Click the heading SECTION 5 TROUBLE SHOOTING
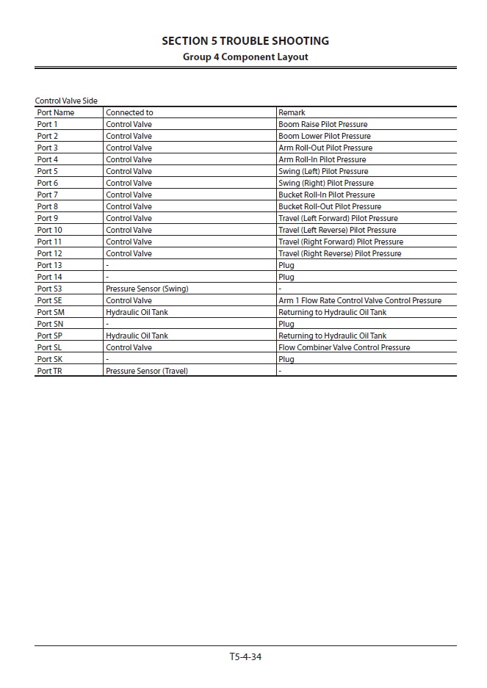[245, 41]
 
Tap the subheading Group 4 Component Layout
[245, 57]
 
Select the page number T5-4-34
[245, 656]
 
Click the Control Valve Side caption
[66, 101]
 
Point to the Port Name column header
[56, 112]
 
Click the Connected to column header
[129, 112]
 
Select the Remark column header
[292, 112]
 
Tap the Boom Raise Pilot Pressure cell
[322, 124]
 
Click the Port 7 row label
[47, 195]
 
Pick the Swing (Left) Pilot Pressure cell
[323, 171]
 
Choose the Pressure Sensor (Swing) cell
[147, 289]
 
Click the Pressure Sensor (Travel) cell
[147, 371]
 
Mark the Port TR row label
[49, 371]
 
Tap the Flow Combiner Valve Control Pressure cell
[344, 347]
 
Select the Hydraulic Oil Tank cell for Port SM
[137, 312]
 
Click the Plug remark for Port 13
[286, 265]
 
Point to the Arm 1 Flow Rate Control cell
[360, 300]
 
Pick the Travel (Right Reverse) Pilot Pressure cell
[339, 253]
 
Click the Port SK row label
[49, 359]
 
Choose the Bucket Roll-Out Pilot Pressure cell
[330, 206]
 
